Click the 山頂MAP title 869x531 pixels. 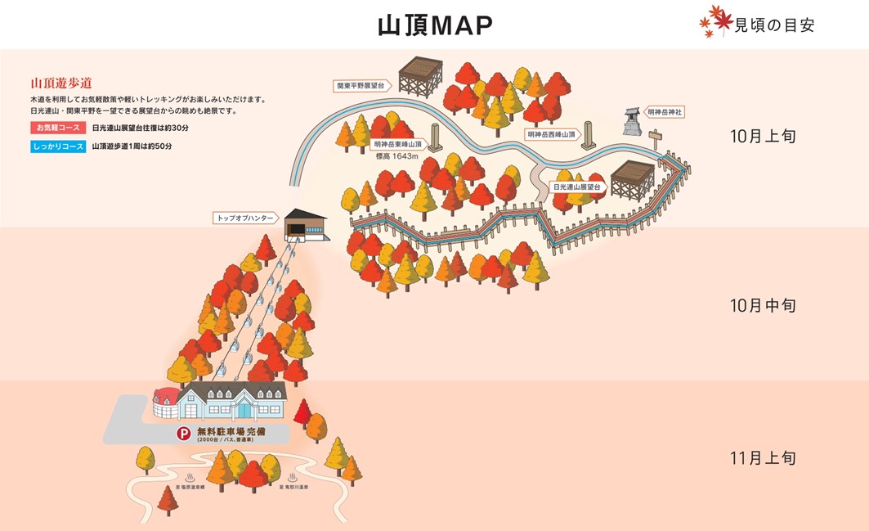pos(434,25)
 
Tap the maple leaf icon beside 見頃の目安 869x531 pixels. pos(714,22)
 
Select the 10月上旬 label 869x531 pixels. pos(763,136)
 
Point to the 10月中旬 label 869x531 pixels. pos(763,305)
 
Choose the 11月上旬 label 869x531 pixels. pos(763,457)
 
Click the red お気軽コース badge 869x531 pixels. pos(57,128)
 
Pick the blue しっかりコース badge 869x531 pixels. pos(57,146)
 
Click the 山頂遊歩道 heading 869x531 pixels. pos(60,83)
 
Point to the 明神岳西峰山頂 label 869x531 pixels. pos(551,133)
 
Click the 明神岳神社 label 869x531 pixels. pos(664,111)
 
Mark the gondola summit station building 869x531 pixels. pos(305,224)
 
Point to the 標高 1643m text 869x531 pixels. pos(396,156)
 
